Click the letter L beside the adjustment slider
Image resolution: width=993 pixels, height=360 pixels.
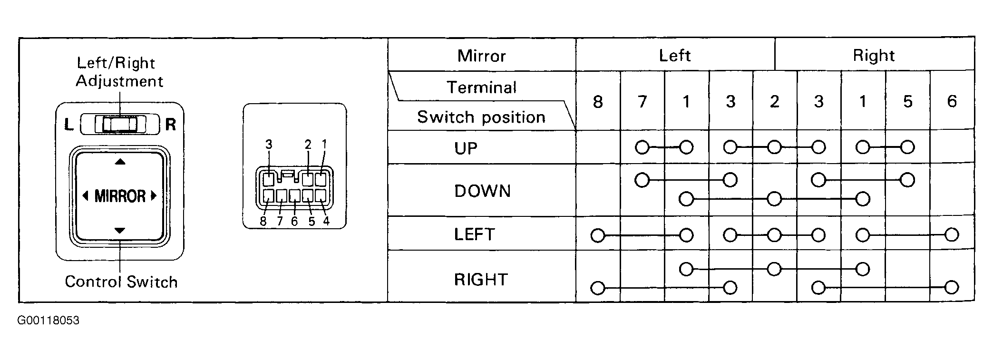69,125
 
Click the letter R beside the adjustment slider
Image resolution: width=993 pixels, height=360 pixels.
170,125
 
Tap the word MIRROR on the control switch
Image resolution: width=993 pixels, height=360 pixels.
120,196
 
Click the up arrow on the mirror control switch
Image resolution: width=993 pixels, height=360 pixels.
120,162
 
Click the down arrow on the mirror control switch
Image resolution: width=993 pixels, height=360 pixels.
120,231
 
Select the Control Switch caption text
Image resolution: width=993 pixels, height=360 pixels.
121,282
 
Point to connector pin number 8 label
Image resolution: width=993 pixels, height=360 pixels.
263,222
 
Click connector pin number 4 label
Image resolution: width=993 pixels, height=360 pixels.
326,222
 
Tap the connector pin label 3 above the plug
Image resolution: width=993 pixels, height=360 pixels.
269,144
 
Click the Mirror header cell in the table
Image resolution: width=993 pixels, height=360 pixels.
482,56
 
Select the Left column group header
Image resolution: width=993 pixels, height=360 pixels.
674,56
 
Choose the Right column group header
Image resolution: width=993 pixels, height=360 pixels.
874,56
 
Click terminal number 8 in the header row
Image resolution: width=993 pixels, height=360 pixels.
598,101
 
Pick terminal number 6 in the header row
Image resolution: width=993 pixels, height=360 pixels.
952,101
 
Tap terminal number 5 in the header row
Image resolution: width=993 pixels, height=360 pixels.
907,101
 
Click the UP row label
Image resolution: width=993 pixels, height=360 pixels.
466,148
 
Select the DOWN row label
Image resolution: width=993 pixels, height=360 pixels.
482,191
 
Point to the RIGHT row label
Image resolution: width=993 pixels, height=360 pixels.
481,280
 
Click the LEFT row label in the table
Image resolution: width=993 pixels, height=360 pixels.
475,234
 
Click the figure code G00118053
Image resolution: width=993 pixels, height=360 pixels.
49,321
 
